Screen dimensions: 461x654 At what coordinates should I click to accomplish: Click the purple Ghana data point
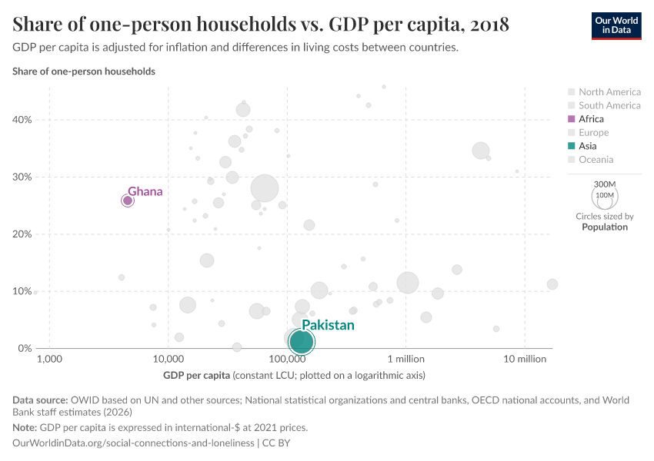click(128, 201)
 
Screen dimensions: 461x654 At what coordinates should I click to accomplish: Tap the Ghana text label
click(145, 191)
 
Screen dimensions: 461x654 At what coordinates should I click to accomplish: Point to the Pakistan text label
click(328, 325)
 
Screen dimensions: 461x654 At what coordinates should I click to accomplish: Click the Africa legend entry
click(591, 119)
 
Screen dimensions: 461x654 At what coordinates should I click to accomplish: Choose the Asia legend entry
click(587, 146)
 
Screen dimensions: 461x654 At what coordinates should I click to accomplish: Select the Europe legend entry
click(593, 132)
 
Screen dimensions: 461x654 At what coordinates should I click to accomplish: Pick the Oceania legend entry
click(596, 160)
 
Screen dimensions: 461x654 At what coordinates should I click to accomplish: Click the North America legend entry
click(609, 92)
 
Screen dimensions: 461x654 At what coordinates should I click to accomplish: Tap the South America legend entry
click(609, 105)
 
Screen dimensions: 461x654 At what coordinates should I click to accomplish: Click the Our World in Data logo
click(616, 25)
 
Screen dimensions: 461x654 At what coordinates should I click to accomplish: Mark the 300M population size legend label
click(606, 184)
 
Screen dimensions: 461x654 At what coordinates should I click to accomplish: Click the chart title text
click(261, 25)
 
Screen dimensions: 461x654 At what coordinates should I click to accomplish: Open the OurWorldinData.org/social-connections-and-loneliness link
click(134, 443)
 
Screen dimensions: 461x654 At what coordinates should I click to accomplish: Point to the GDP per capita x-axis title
click(197, 376)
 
